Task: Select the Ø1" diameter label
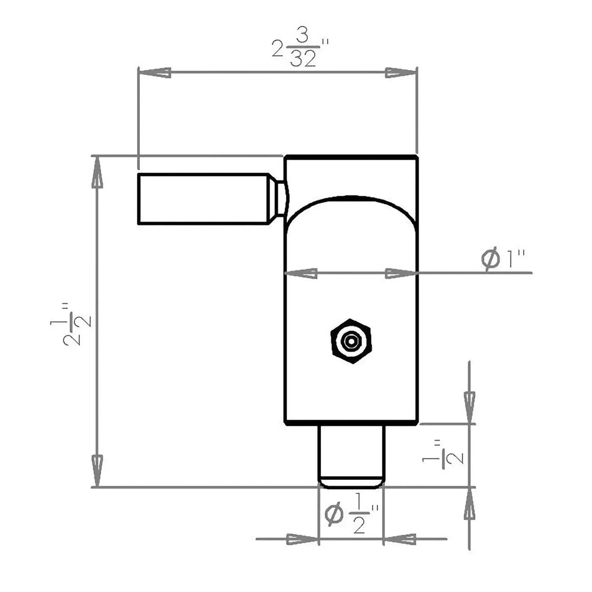[504, 260]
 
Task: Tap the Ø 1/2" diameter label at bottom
[351, 514]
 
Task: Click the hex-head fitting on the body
[350, 341]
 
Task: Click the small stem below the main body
[351, 454]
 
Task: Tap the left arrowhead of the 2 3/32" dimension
[154, 73]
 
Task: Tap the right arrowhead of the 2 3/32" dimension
[401, 73]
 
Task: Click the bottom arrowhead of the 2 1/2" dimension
[97, 469]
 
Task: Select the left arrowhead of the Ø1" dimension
[301, 273]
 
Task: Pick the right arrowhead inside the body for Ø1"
[401, 273]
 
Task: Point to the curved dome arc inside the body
[350, 199]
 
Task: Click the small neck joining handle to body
[279, 198]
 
